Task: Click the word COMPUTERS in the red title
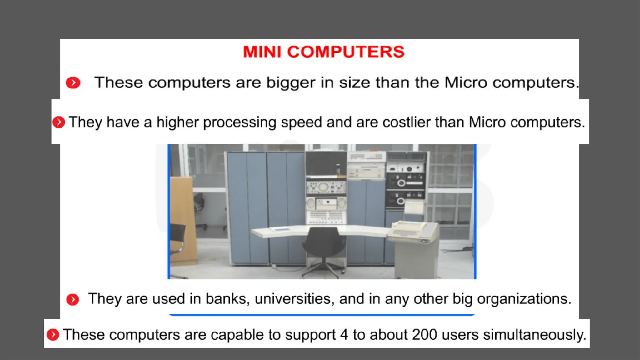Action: [x=346, y=52]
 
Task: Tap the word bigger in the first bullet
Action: [x=291, y=83]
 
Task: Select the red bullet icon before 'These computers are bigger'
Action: [x=73, y=83]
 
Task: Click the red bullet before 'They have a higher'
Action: [x=59, y=122]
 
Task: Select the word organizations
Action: [x=524, y=299]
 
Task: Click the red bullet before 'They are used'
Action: [x=73, y=299]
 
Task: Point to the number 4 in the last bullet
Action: [x=344, y=335]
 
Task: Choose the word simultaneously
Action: [x=534, y=335]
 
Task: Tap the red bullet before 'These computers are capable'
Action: [x=53, y=335]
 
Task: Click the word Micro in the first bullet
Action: [x=466, y=83]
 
